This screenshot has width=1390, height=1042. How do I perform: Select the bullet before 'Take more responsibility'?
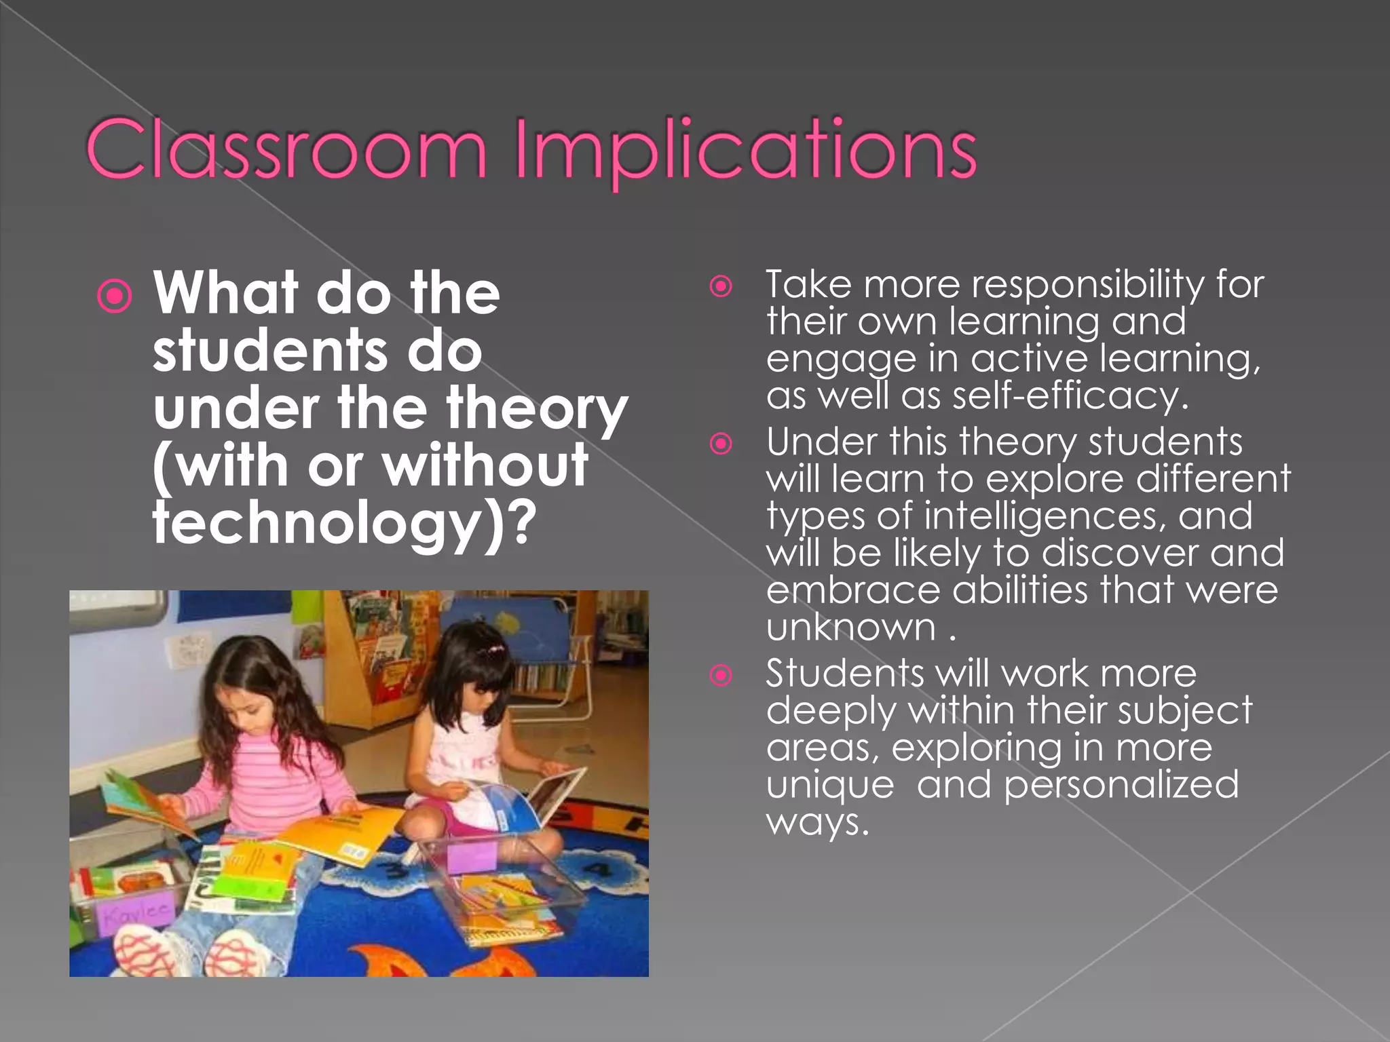[721, 286]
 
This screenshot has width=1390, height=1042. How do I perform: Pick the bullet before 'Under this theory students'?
[721, 444]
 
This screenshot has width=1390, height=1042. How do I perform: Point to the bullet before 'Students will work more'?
[721, 676]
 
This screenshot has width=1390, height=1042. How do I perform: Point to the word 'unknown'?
[851, 627]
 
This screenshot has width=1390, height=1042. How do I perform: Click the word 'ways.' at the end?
[817, 822]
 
